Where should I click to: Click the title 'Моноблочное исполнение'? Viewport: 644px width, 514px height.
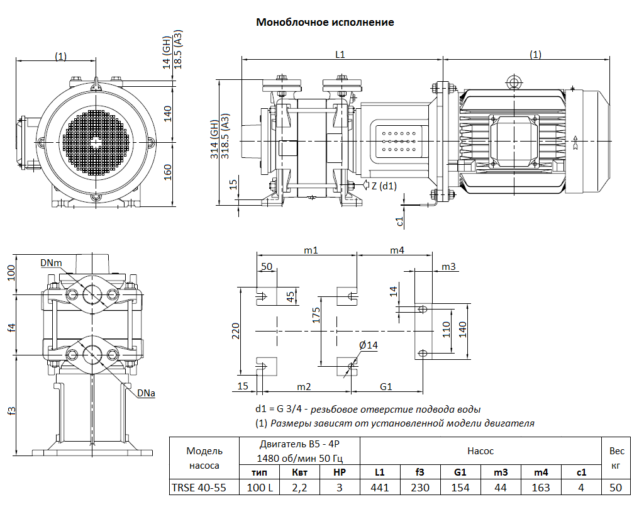point(325,23)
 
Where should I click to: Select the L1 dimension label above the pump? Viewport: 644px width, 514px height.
point(340,55)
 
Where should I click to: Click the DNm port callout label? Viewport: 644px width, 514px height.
point(51,262)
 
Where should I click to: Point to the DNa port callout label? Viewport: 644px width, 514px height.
point(146,394)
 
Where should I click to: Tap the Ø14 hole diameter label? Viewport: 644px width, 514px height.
point(369,345)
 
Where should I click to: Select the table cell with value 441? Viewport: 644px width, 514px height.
point(380,488)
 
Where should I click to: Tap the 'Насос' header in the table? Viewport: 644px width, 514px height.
point(480,450)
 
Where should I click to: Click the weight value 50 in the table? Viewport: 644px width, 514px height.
point(616,488)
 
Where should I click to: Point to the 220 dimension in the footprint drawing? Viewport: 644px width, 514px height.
point(236,330)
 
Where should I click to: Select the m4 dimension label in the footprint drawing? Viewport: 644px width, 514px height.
point(396,250)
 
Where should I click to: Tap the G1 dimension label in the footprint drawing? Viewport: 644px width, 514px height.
point(386,386)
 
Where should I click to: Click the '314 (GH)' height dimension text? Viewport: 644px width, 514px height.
point(214,138)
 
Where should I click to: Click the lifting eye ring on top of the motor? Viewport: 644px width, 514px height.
point(515,82)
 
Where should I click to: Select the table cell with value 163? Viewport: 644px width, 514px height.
point(541,488)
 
